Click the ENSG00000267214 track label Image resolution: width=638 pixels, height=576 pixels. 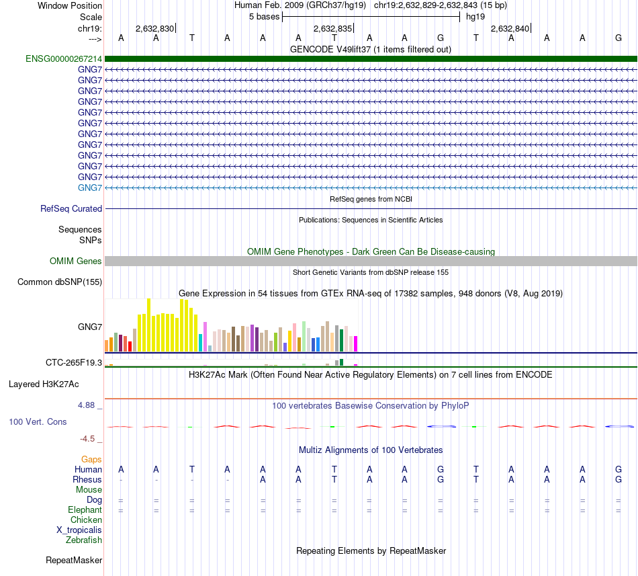tap(64, 59)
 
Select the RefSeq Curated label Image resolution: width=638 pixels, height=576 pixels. tap(71, 209)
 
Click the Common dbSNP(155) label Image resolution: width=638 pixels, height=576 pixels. tap(60, 282)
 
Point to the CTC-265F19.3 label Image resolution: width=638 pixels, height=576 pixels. tap(74, 363)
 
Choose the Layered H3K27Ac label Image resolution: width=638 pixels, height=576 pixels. tap(44, 385)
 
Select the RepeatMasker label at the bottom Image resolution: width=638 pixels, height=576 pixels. tap(74, 561)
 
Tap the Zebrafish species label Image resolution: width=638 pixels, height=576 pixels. tap(84, 540)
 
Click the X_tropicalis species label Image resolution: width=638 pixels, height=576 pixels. tap(79, 530)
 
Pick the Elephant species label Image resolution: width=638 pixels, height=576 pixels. tap(85, 510)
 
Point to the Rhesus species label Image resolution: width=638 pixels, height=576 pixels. tap(87, 480)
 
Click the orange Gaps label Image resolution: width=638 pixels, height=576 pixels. tap(91, 460)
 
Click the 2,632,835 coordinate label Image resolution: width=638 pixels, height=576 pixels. tap(332, 29)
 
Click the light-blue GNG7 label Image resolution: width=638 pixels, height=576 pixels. tap(90, 188)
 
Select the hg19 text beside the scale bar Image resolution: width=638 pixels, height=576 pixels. tap(475, 17)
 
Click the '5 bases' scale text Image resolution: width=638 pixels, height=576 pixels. tap(264, 17)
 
